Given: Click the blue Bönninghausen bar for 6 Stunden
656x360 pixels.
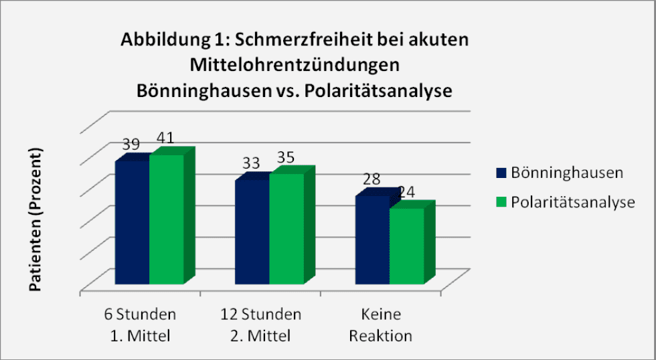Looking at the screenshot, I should click(132, 222).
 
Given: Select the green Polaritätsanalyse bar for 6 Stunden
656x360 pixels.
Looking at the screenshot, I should click(166, 219).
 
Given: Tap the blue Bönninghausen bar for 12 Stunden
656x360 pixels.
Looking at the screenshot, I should click(252, 232).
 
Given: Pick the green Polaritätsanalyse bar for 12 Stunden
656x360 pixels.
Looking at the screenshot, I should click(286, 228).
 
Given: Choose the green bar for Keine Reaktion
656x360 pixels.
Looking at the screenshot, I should click(406, 246).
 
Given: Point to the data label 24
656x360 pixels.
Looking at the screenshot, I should click(406, 192).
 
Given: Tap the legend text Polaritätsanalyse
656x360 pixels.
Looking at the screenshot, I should click(572, 202).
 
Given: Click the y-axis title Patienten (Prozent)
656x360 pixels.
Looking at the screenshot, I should click(35, 219).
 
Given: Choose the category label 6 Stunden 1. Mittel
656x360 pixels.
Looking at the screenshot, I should click(140, 325).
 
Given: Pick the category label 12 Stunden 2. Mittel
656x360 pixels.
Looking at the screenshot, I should click(260, 325).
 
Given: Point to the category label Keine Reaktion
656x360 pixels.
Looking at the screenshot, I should click(380, 325).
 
